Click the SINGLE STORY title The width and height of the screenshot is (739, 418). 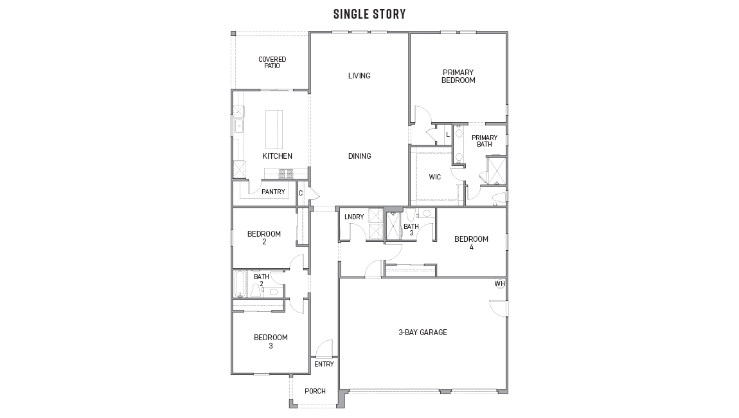(x=369, y=14)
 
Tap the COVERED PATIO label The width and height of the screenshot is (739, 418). (x=272, y=62)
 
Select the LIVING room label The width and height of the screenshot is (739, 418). (x=359, y=76)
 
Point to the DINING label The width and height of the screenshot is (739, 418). (x=359, y=156)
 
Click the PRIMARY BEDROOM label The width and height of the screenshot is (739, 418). (x=458, y=77)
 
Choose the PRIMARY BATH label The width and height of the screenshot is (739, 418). (x=484, y=141)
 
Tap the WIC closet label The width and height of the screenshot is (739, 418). (x=435, y=177)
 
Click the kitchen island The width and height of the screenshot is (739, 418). (x=274, y=129)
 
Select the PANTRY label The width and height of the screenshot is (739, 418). (x=273, y=192)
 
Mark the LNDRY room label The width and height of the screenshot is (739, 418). (x=354, y=217)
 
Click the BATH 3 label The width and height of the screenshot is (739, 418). (x=411, y=230)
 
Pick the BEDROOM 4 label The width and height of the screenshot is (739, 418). (x=471, y=242)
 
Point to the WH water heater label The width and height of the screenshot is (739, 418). (x=499, y=284)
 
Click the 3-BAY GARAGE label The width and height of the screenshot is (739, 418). (x=423, y=332)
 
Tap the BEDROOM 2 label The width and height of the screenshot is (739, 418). (x=264, y=237)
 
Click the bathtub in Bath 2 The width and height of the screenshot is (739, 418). (x=240, y=284)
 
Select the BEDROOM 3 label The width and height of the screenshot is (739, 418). (x=271, y=341)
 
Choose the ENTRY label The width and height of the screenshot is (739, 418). (x=324, y=364)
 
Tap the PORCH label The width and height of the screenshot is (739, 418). (x=315, y=391)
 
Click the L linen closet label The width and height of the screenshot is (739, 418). (x=447, y=134)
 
